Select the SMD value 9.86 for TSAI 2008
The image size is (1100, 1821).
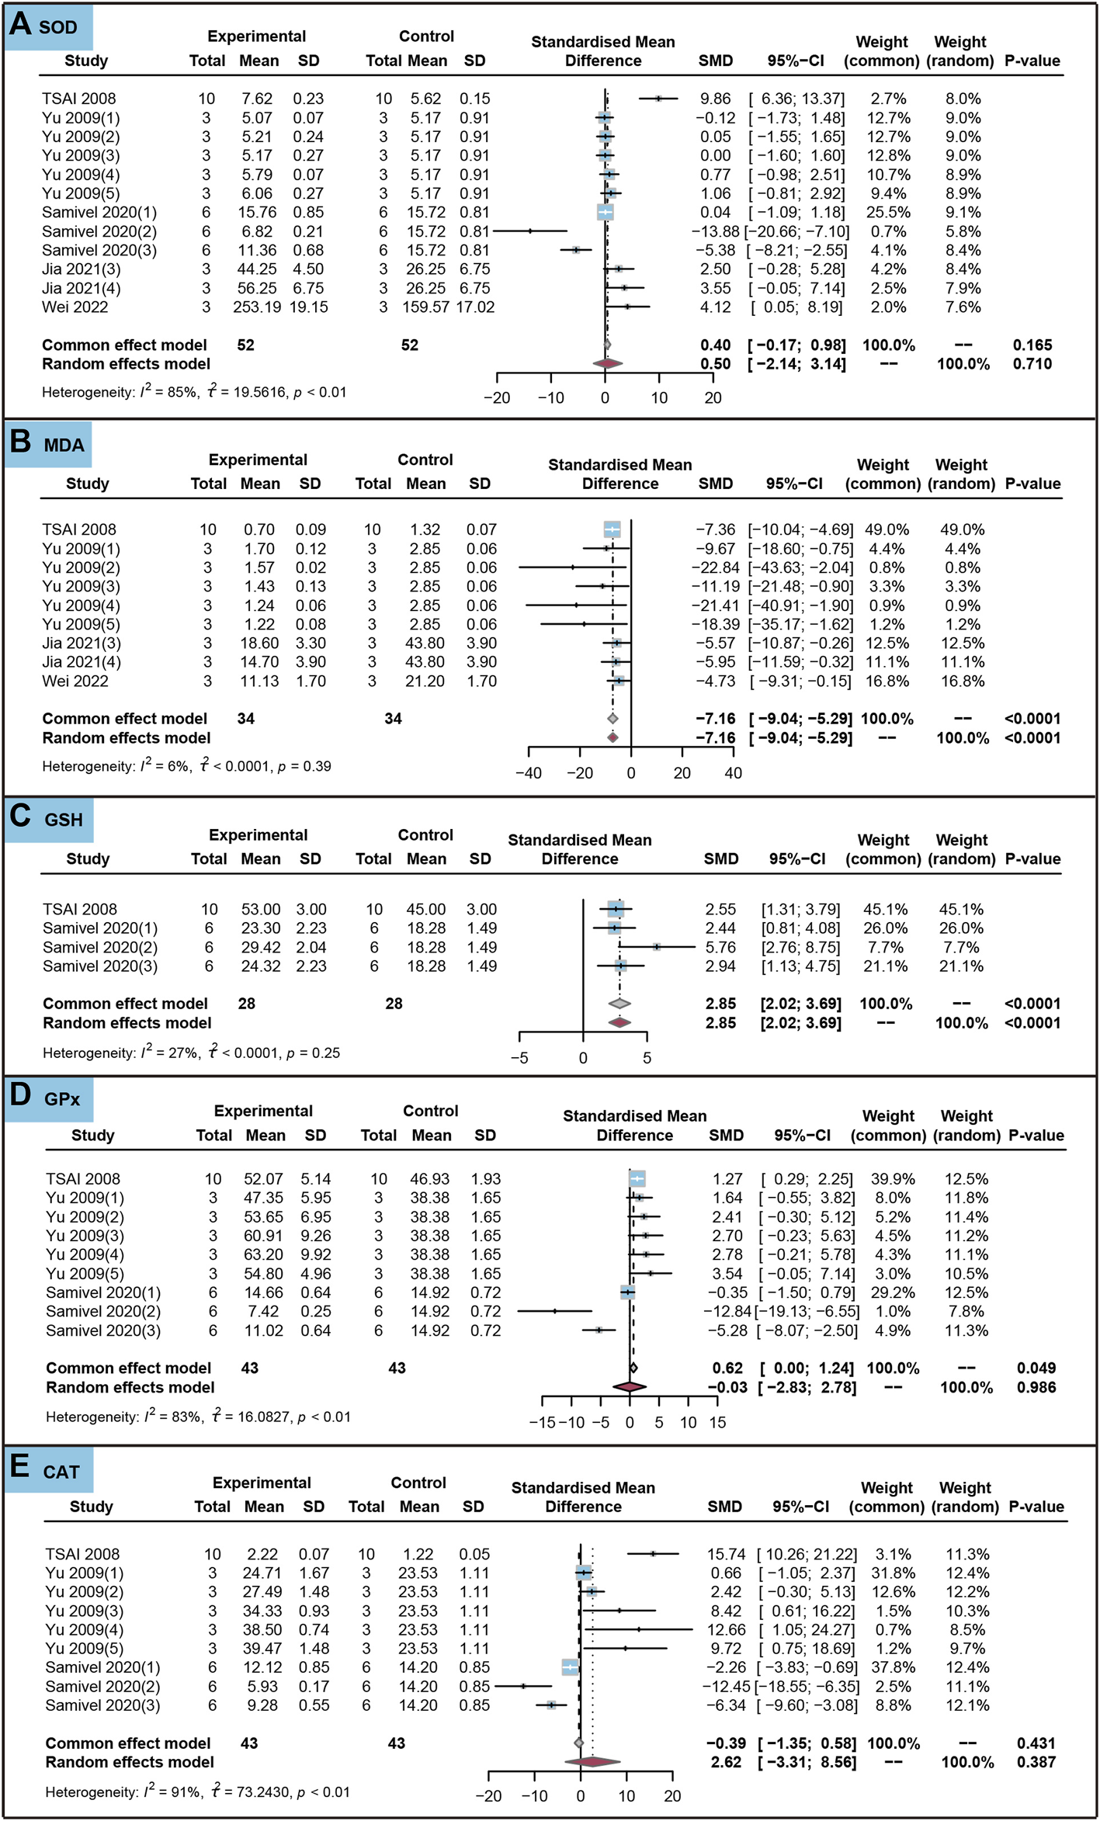coord(715,99)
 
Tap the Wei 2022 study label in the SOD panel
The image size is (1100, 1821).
coord(75,307)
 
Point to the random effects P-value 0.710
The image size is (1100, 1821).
coord(1032,364)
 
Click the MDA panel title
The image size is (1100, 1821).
coord(64,446)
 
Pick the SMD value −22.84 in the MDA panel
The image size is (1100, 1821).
coord(715,567)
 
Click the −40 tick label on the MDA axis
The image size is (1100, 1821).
coord(529,773)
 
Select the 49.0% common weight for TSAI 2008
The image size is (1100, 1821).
coord(887,529)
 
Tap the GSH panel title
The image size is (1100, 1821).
coord(64,820)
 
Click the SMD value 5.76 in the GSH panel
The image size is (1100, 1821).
coord(720,947)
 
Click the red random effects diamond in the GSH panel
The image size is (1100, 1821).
coord(619,1023)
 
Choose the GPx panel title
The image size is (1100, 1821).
coord(62,1099)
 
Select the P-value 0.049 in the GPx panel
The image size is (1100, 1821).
coord(1036,1368)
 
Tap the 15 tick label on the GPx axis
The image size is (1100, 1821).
coord(717,1423)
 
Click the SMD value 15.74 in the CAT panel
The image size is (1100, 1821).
coord(726,1554)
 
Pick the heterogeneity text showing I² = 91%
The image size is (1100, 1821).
coord(197,1792)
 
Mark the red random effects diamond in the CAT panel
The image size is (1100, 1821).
coord(592,1762)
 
